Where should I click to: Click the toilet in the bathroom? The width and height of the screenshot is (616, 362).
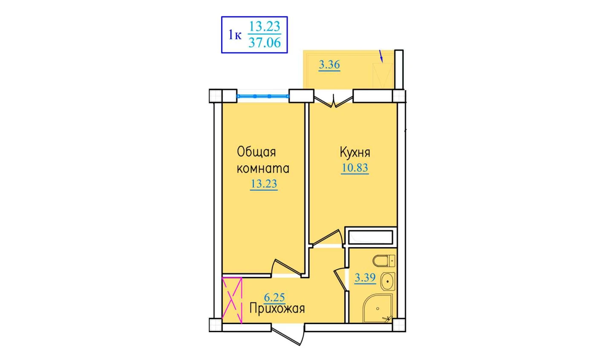(384, 261)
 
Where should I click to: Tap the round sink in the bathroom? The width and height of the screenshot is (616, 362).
(388, 282)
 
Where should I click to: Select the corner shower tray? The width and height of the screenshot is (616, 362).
(378, 308)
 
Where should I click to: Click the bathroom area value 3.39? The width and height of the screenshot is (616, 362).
(365, 278)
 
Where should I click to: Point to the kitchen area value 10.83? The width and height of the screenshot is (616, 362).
(355, 167)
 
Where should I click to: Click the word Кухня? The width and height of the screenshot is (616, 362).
(355, 152)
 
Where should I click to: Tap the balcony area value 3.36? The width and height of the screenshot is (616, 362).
(329, 65)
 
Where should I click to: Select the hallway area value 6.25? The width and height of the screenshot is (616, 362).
(274, 297)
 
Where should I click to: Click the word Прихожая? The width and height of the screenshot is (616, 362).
(277, 309)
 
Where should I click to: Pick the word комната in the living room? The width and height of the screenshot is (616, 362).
(263, 169)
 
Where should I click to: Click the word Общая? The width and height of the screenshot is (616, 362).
(256, 152)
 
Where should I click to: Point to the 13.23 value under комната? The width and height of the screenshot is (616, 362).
(264, 184)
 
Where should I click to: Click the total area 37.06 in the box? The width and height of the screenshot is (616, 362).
(265, 43)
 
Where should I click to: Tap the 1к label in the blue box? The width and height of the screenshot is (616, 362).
(235, 35)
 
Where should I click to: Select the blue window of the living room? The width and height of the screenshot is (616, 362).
(263, 96)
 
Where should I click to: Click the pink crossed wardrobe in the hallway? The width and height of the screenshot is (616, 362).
(232, 301)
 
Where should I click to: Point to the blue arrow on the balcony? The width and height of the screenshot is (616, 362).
(381, 56)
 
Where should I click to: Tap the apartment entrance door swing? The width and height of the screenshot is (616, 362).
(288, 334)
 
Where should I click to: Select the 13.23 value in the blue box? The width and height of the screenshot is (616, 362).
(265, 27)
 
